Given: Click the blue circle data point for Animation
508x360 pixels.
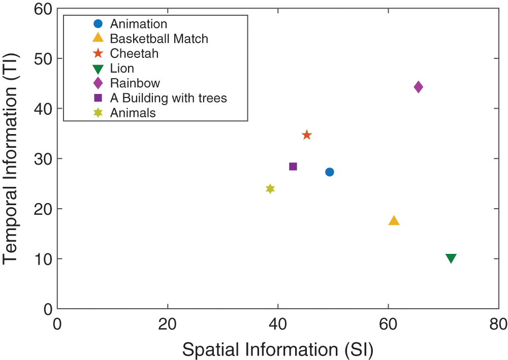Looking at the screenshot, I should click(329, 172).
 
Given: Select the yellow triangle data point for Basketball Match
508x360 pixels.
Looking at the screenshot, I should click(394, 220).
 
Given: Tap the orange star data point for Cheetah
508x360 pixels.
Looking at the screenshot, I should click(307, 135).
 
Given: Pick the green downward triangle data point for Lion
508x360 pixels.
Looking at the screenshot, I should click(451, 258).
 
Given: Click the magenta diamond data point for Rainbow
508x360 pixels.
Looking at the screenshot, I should click(418, 87).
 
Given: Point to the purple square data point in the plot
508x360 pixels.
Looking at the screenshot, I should click(293, 167).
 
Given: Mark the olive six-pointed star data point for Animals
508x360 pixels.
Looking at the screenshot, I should click(270, 189).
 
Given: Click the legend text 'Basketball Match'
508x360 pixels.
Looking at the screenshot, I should click(159, 39).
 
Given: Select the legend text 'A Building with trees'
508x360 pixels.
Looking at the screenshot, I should click(168, 98).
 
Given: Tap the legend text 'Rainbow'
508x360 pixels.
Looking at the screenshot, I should click(135, 83).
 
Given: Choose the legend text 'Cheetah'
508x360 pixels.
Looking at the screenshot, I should click(134, 53).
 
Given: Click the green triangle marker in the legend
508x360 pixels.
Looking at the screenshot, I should click(98, 69).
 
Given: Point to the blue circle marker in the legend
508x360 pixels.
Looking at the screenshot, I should click(98, 24).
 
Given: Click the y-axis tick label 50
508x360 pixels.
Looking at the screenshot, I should click(42, 59).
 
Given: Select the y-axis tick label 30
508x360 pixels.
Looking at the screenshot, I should click(42, 159).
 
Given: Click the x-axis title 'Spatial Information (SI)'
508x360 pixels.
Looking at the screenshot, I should click(278, 349).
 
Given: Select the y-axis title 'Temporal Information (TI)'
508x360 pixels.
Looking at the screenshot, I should click(11, 158).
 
